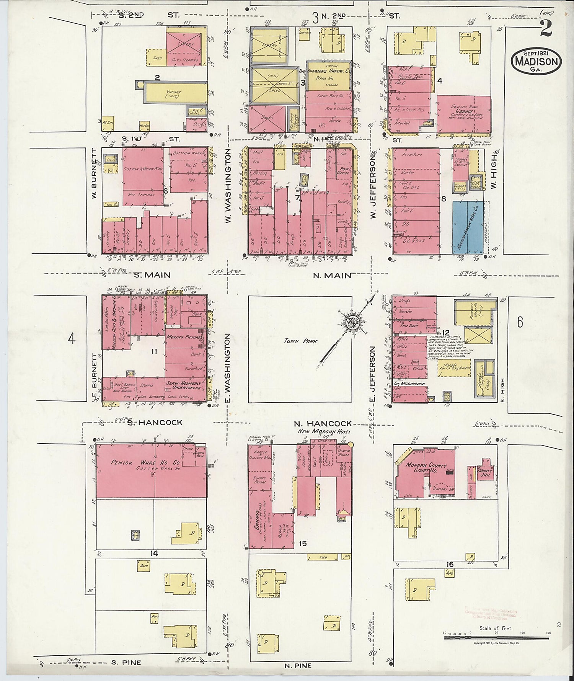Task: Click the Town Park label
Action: point(301,341)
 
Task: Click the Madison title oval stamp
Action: point(536,61)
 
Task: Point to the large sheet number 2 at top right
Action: point(546,29)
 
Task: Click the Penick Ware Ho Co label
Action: point(145,462)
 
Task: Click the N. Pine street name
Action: point(298,666)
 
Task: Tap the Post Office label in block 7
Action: point(343,170)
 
